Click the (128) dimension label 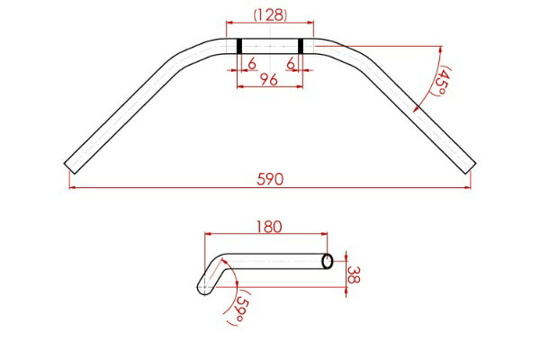pos(270,14)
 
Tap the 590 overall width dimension pos(270,179)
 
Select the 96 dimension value pos(268,80)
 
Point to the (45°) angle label pos(440,81)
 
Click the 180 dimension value pos(269,227)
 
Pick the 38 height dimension pos(354,274)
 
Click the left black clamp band pos(239,46)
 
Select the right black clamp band pos(301,46)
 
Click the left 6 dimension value pos(252,64)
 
